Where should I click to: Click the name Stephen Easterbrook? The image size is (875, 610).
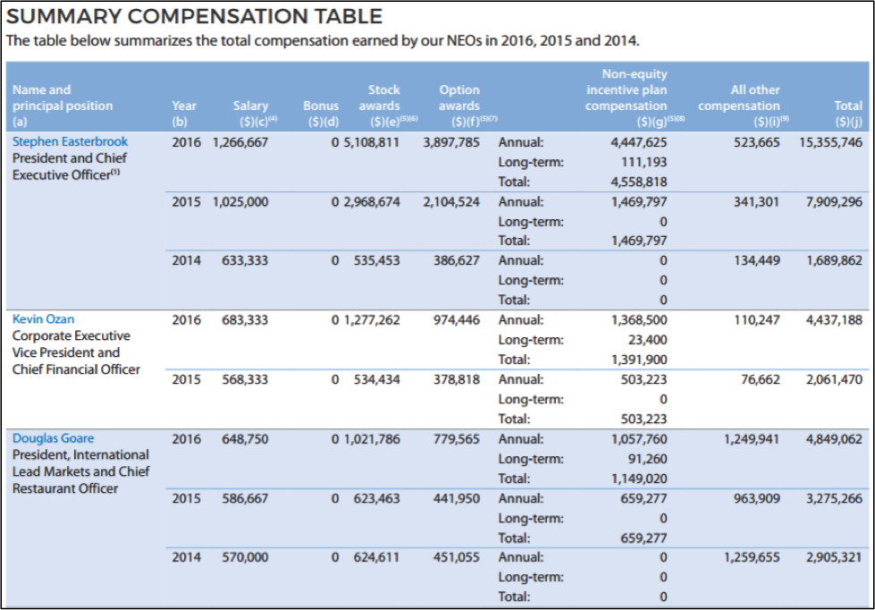(x=71, y=141)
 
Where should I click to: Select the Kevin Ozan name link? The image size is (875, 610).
(x=43, y=319)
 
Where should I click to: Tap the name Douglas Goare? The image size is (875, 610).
(x=53, y=438)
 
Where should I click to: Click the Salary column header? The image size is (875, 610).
(x=250, y=106)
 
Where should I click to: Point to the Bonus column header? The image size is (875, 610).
(x=321, y=106)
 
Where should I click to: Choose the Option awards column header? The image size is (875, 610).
(x=459, y=97)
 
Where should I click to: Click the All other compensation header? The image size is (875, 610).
(x=739, y=97)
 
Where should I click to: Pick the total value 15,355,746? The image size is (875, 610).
(x=831, y=142)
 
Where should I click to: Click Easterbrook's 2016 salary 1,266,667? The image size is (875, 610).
(x=240, y=142)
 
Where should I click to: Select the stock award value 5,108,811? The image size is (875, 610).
(x=372, y=142)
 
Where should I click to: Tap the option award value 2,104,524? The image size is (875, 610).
(x=451, y=201)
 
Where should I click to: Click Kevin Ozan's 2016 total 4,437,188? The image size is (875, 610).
(x=834, y=320)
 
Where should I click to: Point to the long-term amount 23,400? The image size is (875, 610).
(x=648, y=340)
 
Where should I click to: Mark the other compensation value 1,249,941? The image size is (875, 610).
(x=753, y=439)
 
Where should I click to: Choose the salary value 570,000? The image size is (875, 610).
(x=245, y=557)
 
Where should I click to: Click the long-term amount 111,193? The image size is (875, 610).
(x=644, y=162)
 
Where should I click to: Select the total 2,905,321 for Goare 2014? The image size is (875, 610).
(x=834, y=557)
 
